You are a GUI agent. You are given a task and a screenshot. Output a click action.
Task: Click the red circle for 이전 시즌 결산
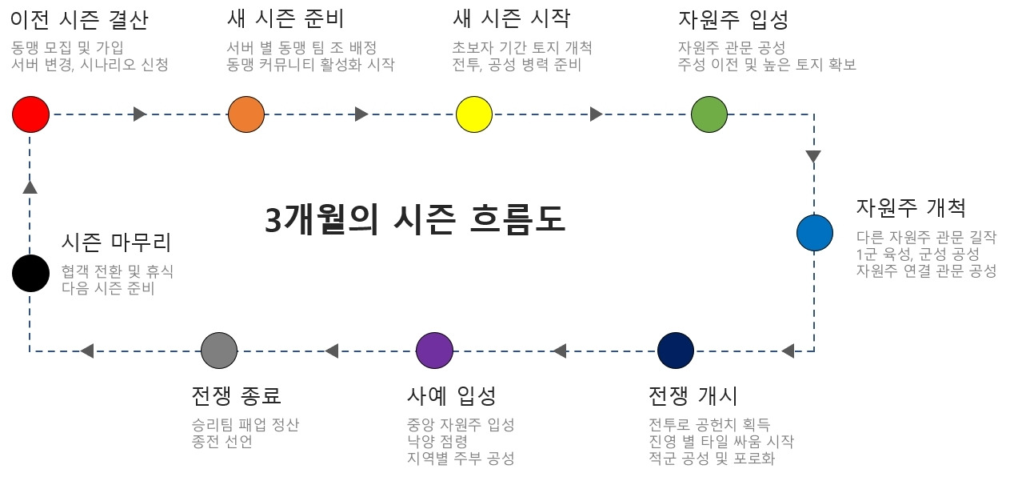click(31, 114)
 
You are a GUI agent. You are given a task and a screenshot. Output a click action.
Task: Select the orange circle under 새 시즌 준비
click(246, 114)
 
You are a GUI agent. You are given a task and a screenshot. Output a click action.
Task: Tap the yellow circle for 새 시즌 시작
click(474, 114)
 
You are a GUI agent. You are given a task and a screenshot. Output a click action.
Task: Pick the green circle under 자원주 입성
click(709, 114)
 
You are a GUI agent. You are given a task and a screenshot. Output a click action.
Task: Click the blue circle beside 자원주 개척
click(815, 233)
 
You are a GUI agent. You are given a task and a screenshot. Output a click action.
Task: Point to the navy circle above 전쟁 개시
click(676, 351)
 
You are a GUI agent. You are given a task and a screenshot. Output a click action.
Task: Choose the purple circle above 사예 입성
click(435, 351)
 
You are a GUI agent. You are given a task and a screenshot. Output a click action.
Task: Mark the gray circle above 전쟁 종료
click(219, 351)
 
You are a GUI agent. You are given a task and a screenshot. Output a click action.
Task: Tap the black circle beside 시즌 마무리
click(31, 273)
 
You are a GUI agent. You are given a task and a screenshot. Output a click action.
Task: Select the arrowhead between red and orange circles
click(140, 114)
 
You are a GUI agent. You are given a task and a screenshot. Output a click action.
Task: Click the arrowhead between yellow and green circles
click(597, 114)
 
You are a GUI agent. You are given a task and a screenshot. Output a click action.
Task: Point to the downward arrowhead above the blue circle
click(814, 157)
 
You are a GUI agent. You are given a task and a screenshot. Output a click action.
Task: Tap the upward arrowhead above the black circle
click(30, 186)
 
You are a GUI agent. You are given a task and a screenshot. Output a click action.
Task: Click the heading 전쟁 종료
click(237, 395)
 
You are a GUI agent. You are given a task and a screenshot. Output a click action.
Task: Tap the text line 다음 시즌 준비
click(108, 288)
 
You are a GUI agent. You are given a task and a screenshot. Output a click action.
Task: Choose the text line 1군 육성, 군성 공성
click(917, 254)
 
